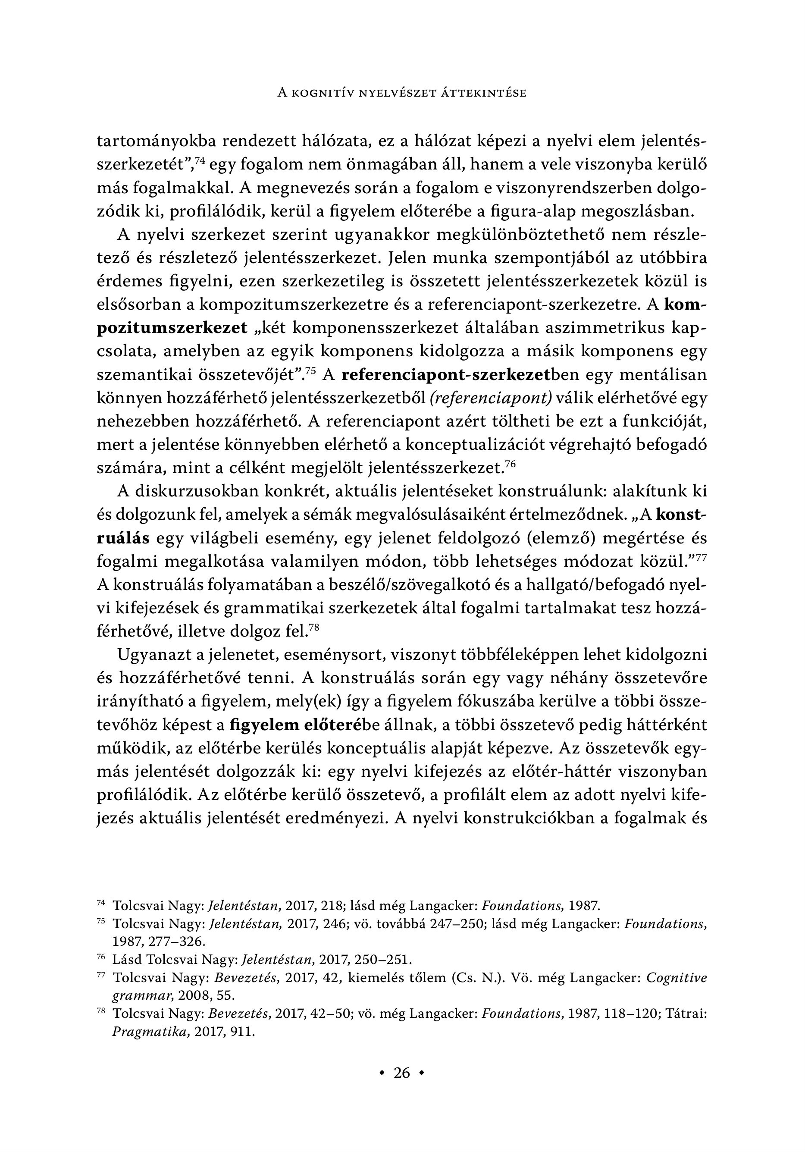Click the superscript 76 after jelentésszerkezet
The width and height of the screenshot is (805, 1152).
510,465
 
